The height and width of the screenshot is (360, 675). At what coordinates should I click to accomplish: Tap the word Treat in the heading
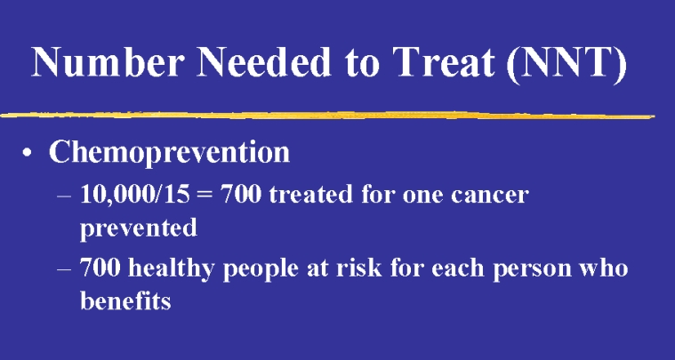click(445, 62)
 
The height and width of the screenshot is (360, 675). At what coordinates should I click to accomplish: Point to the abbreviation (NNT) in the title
click(567, 64)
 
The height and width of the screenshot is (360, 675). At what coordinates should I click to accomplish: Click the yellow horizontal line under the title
click(327, 116)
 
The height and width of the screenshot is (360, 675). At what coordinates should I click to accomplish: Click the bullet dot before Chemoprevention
click(27, 153)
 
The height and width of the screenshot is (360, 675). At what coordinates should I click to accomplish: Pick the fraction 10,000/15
click(135, 195)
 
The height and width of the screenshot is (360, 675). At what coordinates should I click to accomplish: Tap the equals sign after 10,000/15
click(205, 196)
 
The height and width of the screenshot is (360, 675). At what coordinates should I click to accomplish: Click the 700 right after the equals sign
click(241, 195)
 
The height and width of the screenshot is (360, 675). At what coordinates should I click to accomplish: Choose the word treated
click(310, 195)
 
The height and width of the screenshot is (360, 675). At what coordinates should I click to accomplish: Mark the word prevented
click(139, 228)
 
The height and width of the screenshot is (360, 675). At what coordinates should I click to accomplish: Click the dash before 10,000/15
click(64, 196)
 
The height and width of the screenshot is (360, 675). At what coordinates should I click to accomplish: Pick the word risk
click(358, 268)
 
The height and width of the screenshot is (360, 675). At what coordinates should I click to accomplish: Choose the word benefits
click(125, 300)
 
